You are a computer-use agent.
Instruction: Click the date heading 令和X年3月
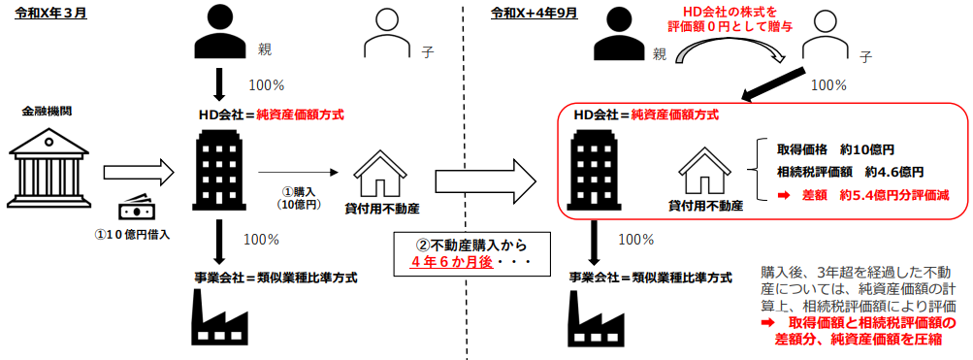coord(50,13)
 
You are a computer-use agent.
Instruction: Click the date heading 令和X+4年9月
coord(535,13)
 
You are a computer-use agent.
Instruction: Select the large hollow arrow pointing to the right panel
coord(485,180)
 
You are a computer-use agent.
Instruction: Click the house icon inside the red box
coord(706,172)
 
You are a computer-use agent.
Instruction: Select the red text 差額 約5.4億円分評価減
coord(864,195)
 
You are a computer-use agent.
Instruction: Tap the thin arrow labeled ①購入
coord(297,172)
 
